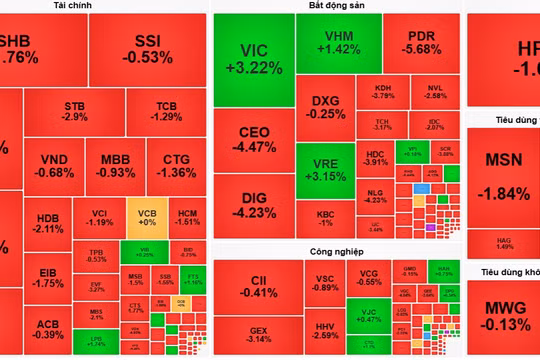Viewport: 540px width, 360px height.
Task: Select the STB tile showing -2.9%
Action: [74, 111]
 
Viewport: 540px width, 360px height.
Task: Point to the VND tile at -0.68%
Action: [55, 165]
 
